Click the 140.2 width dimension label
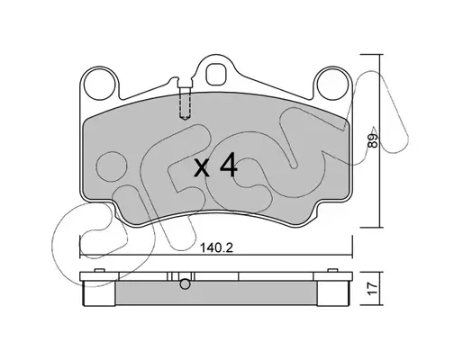[216, 248]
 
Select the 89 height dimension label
[373, 140]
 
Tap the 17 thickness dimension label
[373, 289]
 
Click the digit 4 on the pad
[229, 165]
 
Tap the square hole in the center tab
[216, 74]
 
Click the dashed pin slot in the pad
[185, 103]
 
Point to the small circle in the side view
[185, 283]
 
